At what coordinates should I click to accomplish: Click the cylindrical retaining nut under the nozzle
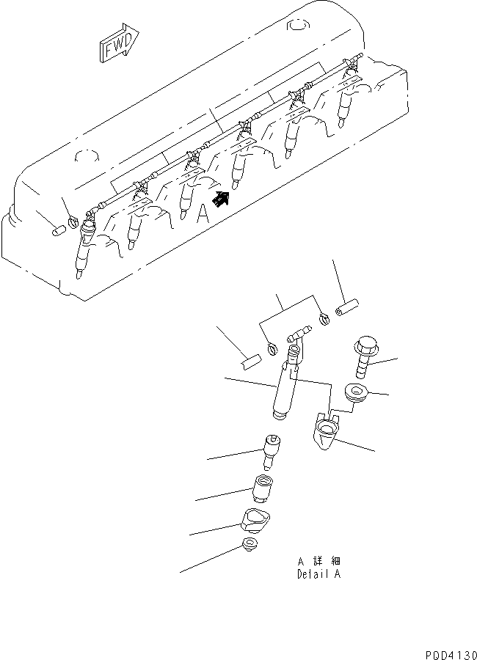tap(263, 487)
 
